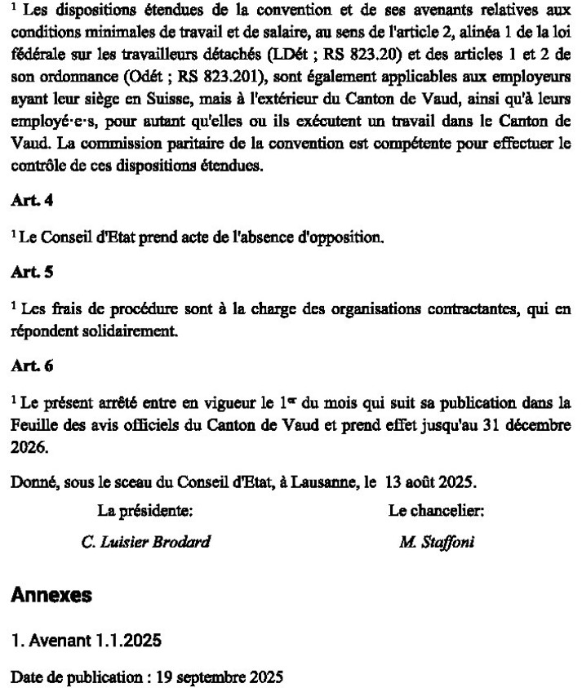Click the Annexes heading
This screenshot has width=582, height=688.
pos(51,595)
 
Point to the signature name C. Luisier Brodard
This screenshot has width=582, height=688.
pos(146,542)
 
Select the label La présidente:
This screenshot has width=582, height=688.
pos(145,512)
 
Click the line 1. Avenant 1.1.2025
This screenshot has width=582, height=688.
pos(86,641)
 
